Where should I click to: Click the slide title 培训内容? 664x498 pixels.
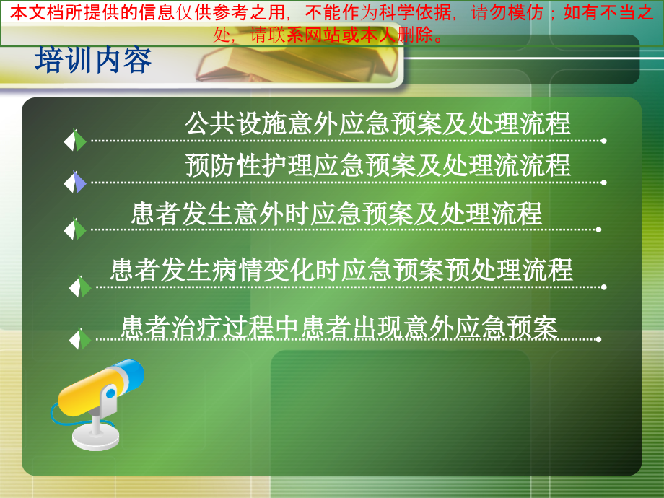[94, 61]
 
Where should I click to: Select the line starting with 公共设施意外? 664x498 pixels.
[377, 123]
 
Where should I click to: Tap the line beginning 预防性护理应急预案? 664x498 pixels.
[377, 165]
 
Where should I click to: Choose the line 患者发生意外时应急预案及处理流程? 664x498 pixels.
[336, 214]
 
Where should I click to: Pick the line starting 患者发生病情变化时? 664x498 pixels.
[341, 270]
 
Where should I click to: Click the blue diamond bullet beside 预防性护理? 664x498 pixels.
[75, 182]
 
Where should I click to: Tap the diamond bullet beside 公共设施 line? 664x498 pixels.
[75, 140]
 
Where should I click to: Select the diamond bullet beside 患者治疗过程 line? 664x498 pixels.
[80, 338]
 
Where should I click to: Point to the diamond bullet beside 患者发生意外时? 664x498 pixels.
[75, 230]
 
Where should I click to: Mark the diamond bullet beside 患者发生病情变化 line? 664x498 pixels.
[80, 287]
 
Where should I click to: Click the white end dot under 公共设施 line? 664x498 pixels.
[603, 141]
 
